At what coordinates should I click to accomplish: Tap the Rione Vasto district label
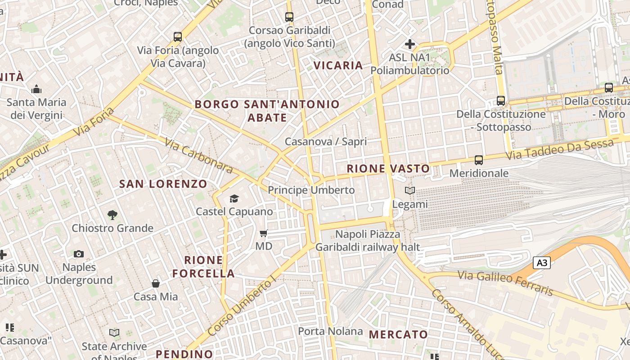[x=388, y=169]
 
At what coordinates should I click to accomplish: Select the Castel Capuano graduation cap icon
[x=234, y=198]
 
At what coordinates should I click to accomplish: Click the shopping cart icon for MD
[x=264, y=233]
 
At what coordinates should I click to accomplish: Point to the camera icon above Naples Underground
[x=79, y=254]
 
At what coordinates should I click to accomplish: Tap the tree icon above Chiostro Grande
[x=112, y=215]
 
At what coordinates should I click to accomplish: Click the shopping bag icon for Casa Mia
[x=156, y=283]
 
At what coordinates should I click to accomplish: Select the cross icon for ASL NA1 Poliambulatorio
[x=409, y=44]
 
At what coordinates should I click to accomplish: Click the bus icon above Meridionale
[x=479, y=160]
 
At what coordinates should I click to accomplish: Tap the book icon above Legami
[x=409, y=191]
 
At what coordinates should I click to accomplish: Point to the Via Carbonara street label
[x=198, y=156]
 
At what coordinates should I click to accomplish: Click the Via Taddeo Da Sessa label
[x=560, y=150]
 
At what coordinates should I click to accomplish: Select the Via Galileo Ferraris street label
[x=505, y=283]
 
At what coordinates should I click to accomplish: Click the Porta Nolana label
[x=330, y=332]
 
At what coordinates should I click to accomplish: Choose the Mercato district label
[x=398, y=334]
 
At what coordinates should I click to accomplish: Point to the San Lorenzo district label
[x=163, y=184]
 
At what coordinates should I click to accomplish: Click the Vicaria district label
[x=338, y=65]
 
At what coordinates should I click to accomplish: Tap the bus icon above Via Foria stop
[x=178, y=37]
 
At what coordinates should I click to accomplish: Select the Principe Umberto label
[x=311, y=190]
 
